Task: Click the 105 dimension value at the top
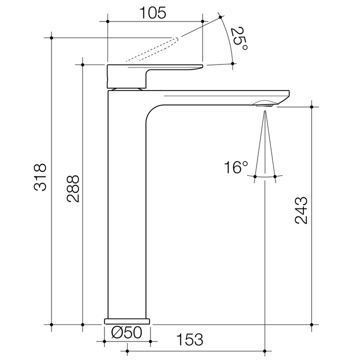tap(153, 13)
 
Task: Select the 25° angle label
tap(238, 39)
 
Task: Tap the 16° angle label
tap(235, 167)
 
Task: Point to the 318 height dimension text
tap(40, 177)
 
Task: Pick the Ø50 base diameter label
tap(127, 332)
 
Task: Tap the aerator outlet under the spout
tap(263, 103)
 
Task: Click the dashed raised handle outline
tap(155, 50)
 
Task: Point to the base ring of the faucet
tap(127, 320)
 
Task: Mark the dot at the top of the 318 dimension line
tap(51, 37)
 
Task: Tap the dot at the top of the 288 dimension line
tap(82, 64)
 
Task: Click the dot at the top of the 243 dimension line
tap(311, 107)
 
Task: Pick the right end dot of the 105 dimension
tap(202, 21)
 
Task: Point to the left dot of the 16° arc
tap(255, 176)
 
